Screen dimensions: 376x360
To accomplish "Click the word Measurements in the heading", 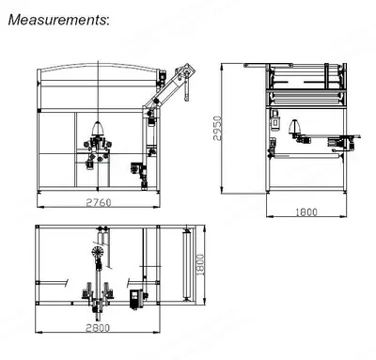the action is click(x=57, y=20).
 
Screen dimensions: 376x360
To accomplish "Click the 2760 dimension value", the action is click(x=99, y=203).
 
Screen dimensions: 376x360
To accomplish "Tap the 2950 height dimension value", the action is click(x=217, y=128).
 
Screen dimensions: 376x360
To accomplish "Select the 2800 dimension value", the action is click(x=98, y=328).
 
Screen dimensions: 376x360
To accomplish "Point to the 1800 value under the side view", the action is click(x=306, y=212).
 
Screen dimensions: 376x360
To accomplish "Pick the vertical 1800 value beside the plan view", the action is click(x=200, y=265).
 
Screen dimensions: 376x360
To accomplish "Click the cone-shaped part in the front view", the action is click(x=98, y=128).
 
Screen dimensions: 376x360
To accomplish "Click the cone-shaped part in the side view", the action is click(x=295, y=126).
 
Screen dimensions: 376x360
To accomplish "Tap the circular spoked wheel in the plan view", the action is click(x=98, y=252).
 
